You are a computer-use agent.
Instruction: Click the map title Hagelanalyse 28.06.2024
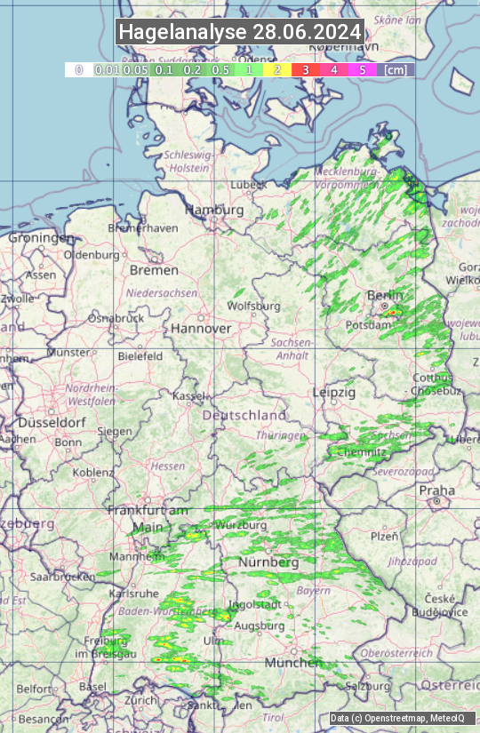click(x=240, y=32)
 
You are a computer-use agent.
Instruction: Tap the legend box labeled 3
click(x=305, y=68)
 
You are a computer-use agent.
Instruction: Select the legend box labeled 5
click(x=362, y=68)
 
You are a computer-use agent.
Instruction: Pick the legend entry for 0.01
click(x=107, y=68)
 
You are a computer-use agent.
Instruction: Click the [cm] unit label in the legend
click(x=396, y=68)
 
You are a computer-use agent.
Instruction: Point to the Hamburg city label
click(x=213, y=210)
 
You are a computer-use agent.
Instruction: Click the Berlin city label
click(x=385, y=295)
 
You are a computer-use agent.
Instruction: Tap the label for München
click(x=293, y=663)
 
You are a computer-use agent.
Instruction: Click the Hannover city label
click(x=201, y=328)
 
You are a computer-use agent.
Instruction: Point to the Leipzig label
click(x=334, y=392)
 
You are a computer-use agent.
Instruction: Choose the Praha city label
click(x=437, y=490)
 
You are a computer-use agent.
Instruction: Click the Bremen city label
click(x=154, y=269)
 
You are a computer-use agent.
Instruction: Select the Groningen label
click(x=41, y=238)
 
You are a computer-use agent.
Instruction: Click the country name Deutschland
click(x=244, y=415)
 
